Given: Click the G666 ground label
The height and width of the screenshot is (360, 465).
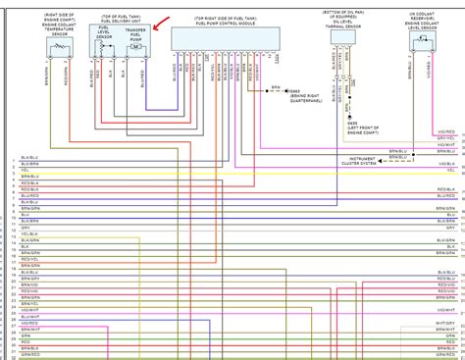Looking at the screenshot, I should [284, 93].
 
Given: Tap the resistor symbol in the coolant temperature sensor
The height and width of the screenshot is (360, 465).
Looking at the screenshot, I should [61, 45].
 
